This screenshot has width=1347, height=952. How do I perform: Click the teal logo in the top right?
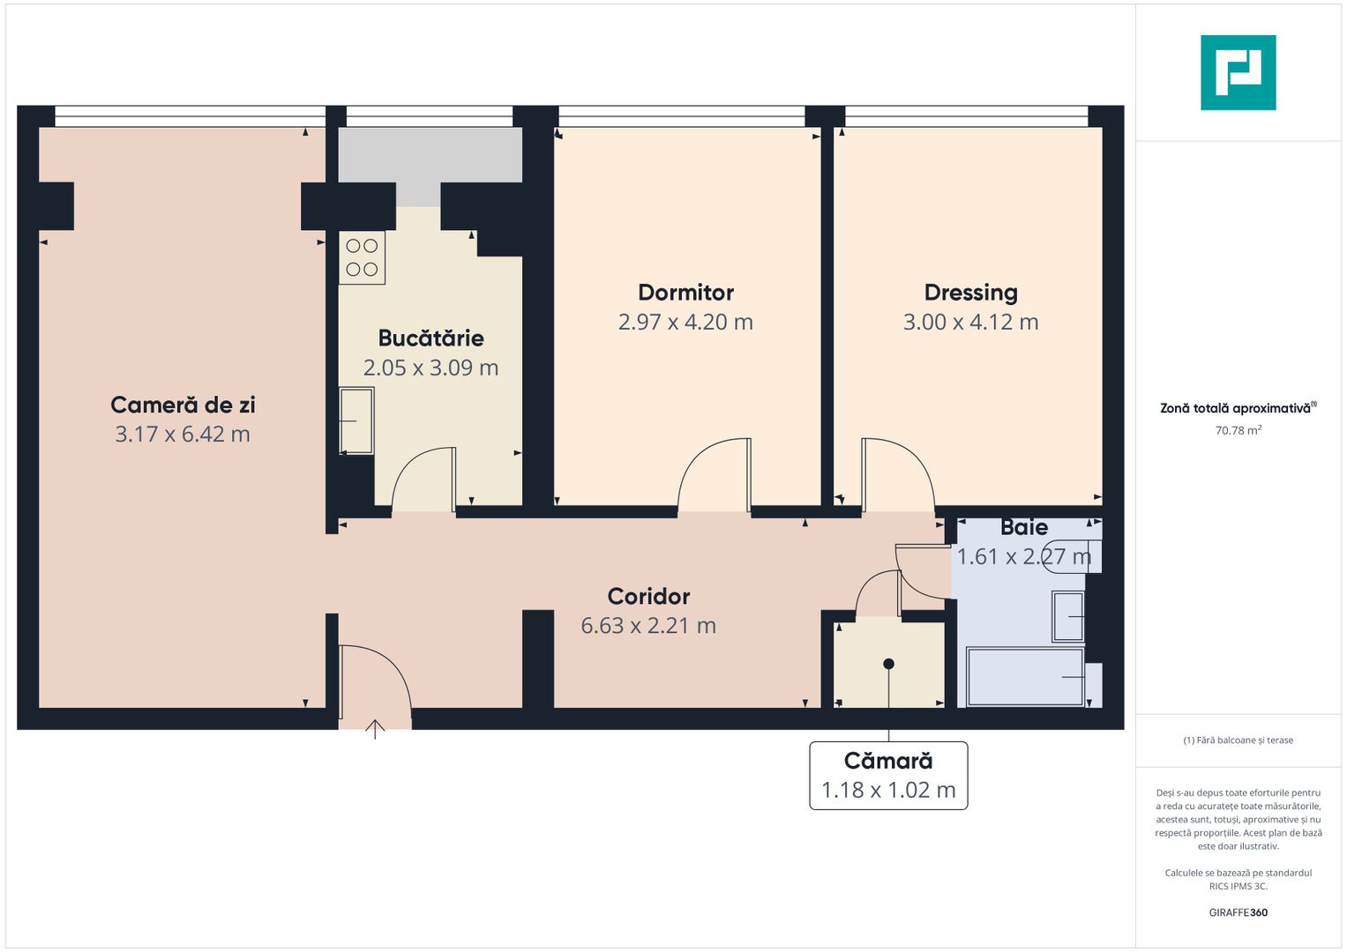pyautogui.click(x=1238, y=72)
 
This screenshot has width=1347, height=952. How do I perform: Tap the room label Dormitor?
pyautogui.click(x=685, y=293)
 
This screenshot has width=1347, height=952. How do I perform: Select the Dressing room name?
pyautogui.click(x=970, y=293)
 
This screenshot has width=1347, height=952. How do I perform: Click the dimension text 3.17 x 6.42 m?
pyautogui.click(x=183, y=435)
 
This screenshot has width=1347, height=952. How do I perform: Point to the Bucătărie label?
pyautogui.click(x=430, y=338)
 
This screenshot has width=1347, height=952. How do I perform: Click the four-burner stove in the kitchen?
pyautogui.click(x=362, y=257)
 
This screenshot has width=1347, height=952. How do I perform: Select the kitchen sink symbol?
pyautogui.click(x=356, y=420)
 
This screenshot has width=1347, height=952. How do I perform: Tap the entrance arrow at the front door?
pyautogui.click(x=375, y=729)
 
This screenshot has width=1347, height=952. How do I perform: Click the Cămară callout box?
pyautogui.click(x=888, y=776)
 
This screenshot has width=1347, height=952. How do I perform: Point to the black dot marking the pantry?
pyautogui.click(x=888, y=664)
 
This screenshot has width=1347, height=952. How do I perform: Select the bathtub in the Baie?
pyautogui.click(x=1025, y=677)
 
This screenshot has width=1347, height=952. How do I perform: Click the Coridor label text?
pyautogui.click(x=648, y=597)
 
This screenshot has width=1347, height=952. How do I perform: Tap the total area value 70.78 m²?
pyautogui.click(x=1238, y=431)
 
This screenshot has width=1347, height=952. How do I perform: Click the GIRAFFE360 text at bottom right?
pyautogui.click(x=1238, y=912)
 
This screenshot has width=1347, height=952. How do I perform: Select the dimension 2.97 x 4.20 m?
pyautogui.click(x=685, y=323)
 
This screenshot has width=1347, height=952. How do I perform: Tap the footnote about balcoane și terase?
pyautogui.click(x=1238, y=740)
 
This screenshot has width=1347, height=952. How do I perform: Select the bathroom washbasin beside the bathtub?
pyautogui.click(x=1067, y=616)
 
